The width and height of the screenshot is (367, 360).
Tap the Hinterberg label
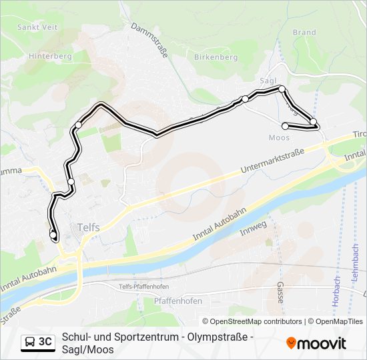(x=45, y=57)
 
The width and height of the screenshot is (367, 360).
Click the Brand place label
(x=304, y=32)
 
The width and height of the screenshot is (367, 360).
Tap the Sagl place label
(x=268, y=80)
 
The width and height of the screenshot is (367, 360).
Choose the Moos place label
(x=278, y=138)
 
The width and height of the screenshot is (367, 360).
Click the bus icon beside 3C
(x=30, y=343)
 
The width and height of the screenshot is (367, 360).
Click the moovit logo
(x=316, y=343)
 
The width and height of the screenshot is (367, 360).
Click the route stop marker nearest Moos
(x=286, y=126)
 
